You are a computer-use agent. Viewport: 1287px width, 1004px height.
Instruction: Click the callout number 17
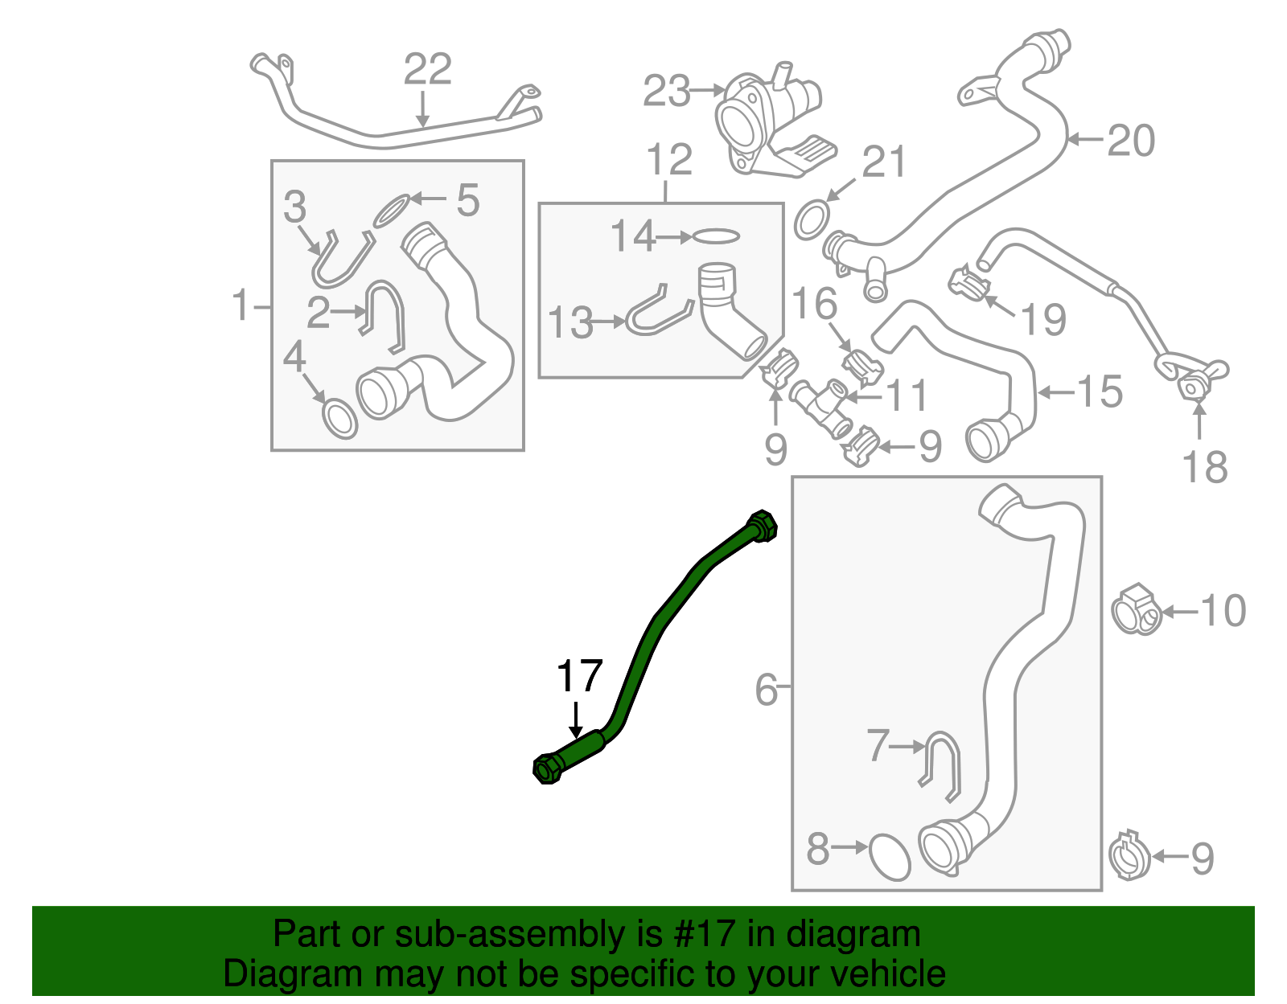579,676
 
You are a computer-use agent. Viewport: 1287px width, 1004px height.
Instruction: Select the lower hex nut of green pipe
547,769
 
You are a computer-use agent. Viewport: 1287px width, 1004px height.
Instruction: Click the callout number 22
427,69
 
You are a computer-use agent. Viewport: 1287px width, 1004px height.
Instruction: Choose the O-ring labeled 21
812,219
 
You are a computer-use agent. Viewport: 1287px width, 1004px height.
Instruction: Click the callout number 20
1131,141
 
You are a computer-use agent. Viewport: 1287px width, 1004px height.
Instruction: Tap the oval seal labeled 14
715,236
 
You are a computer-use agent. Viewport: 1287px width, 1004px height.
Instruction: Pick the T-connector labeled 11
820,405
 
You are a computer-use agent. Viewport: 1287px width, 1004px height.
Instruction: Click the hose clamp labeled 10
1136,609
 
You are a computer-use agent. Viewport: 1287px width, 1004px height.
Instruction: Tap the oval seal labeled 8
890,857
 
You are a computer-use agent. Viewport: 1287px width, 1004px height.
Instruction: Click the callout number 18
1204,467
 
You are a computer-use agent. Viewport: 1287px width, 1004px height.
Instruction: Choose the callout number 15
1100,391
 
